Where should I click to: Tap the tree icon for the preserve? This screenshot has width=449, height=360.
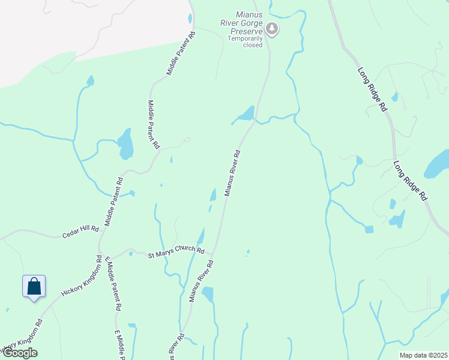[271, 28]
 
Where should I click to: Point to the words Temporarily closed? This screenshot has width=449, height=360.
[244, 41]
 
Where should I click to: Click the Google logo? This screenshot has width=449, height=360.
[19, 353]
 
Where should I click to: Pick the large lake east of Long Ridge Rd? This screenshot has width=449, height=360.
[437, 164]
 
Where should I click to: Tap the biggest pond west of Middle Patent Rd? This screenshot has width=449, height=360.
[125, 144]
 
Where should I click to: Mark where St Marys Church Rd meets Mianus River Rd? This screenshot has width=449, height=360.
[213, 254]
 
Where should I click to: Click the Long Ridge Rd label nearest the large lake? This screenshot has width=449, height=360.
[411, 179]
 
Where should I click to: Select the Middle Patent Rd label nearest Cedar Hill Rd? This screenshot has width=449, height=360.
[114, 202]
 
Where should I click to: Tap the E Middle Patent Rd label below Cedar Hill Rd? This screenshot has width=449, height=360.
[113, 283]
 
